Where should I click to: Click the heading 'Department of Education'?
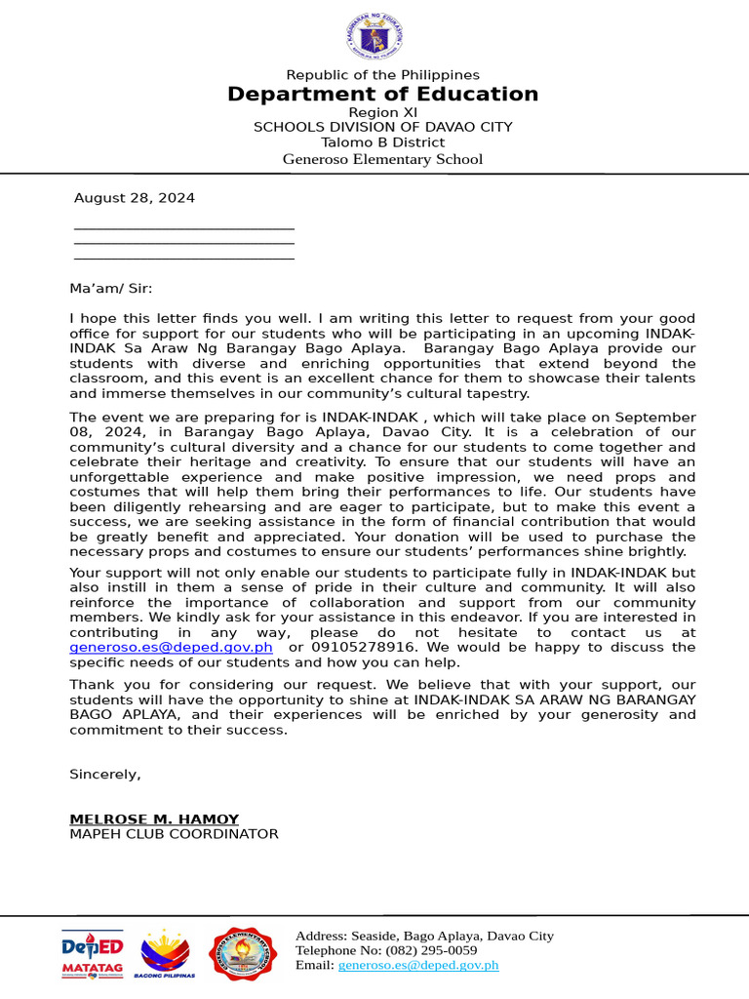pyautogui.click(x=382, y=95)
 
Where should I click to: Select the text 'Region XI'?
pyautogui.click(x=382, y=112)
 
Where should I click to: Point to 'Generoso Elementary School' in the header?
pyautogui.click(x=382, y=159)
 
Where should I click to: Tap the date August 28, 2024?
pyautogui.click(x=135, y=198)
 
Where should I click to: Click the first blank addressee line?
pyautogui.click(x=184, y=228)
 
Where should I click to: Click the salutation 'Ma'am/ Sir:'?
pyautogui.click(x=110, y=289)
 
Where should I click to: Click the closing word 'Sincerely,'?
pyautogui.click(x=105, y=774)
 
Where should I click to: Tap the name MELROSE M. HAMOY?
pyautogui.click(x=154, y=819)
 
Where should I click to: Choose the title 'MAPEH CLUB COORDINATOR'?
pyautogui.click(x=174, y=834)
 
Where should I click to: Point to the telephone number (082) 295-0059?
pyautogui.click(x=431, y=950)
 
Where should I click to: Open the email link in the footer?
pyautogui.click(x=418, y=965)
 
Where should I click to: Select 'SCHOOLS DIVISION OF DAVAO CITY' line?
pyautogui.click(x=382, y=127)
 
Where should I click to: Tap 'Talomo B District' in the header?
pyautogui.click(x=382, y=142)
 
